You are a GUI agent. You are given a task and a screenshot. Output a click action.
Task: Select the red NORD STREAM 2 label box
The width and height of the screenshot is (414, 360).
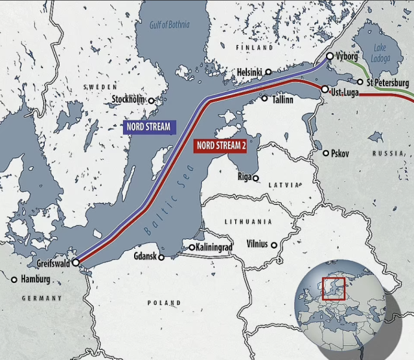227,145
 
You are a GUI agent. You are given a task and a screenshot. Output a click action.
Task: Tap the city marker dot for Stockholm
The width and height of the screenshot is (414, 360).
152,100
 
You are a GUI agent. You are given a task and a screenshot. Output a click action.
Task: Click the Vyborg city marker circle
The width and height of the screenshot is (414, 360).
329,56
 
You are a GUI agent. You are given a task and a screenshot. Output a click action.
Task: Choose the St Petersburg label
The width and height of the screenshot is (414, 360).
387,83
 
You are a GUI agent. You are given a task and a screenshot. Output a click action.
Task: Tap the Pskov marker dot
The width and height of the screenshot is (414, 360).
326,153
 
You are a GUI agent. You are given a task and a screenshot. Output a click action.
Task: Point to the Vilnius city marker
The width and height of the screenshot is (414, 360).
274,245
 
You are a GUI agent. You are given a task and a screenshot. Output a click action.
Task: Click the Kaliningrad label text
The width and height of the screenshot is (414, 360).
214,247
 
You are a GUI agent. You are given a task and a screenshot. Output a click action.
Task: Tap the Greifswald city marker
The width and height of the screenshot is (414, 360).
75,263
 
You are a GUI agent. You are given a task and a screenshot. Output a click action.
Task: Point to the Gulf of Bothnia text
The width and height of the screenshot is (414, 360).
169,25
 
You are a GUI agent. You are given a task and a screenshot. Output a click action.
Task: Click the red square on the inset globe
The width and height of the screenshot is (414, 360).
333,288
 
